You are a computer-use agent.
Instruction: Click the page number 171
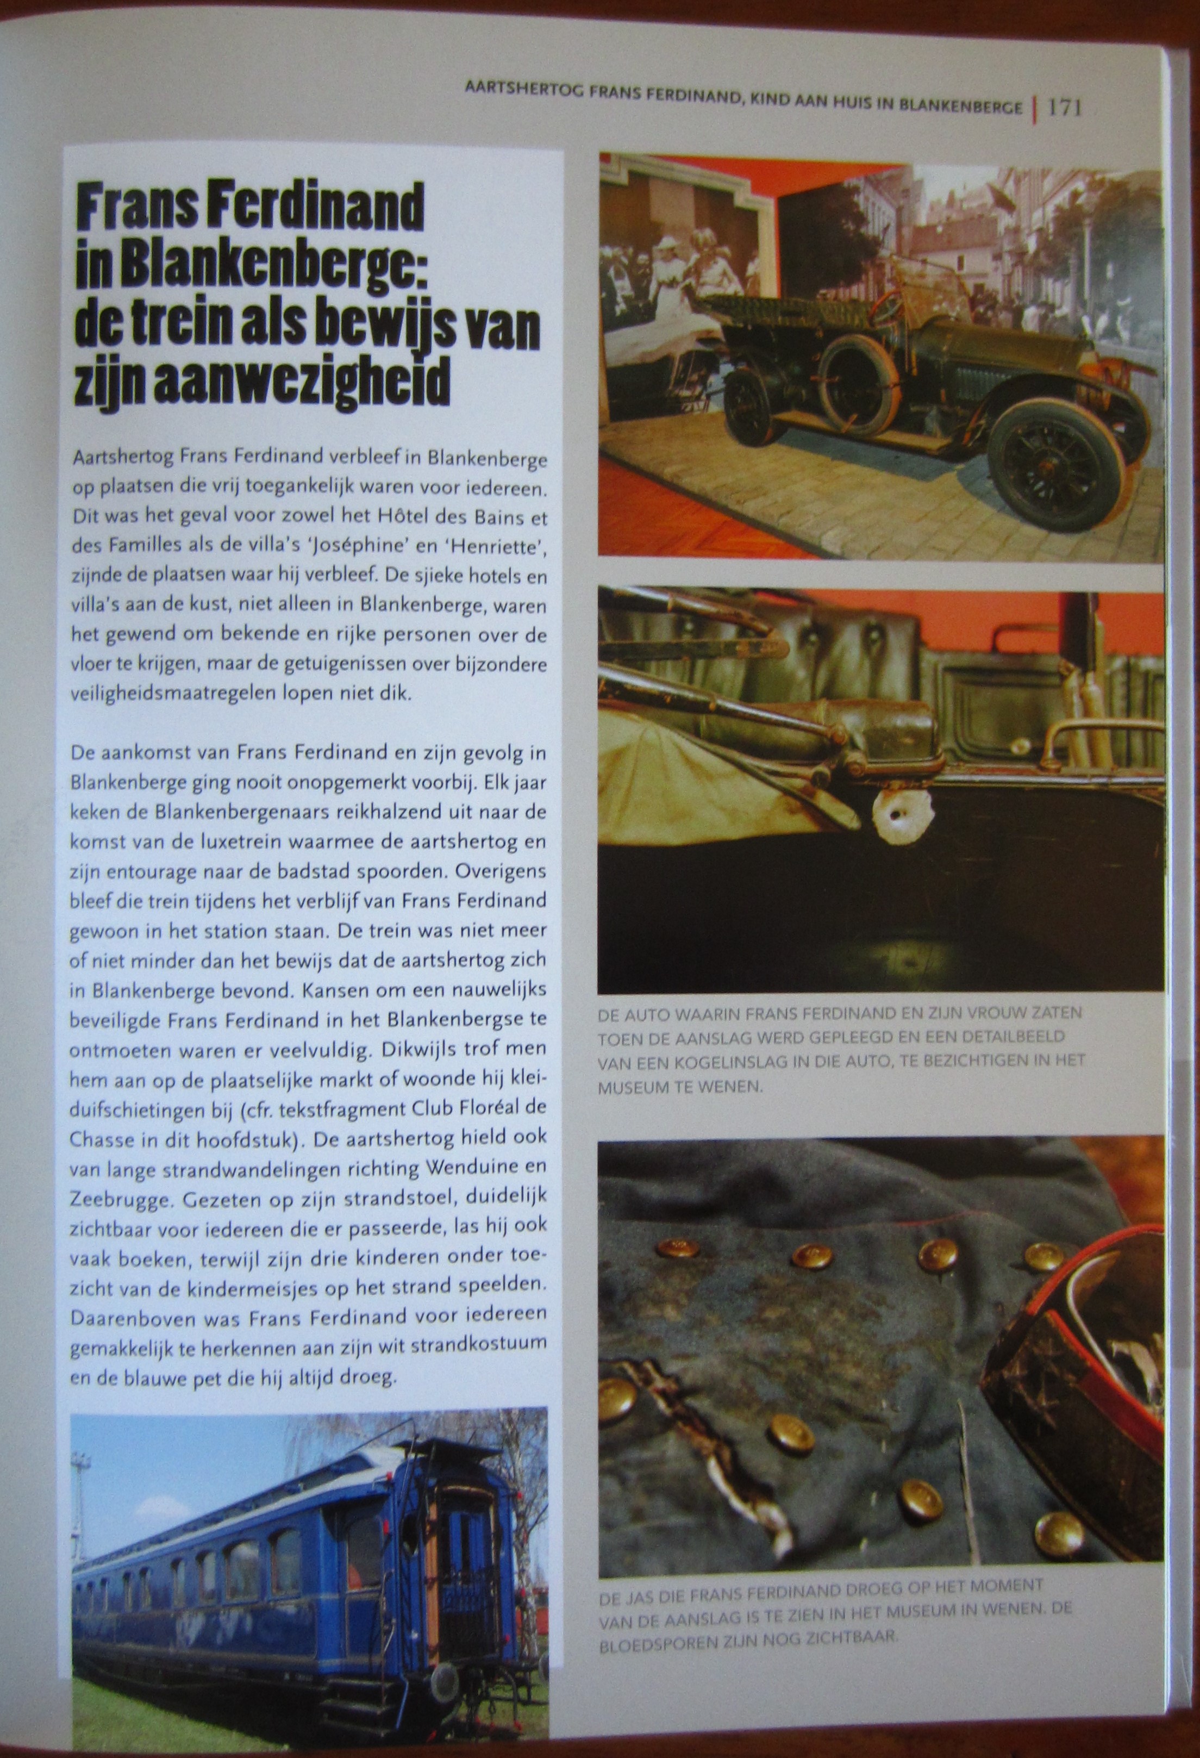pyautogui.click(x=1065, y=108)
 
